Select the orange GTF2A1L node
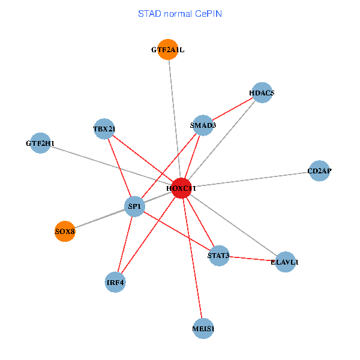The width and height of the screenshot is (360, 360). [x=168, y=50]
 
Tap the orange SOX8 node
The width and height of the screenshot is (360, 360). [x=65, y=231]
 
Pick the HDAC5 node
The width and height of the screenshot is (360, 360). [x=262, y=93]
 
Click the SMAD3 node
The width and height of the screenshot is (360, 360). [x=203, y=125]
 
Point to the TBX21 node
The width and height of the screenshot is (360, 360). [x=104, y=128]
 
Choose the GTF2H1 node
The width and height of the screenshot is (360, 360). [x=40, y=143]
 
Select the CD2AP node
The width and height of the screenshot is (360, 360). [x=319, y=171]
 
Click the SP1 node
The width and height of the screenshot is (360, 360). [x=134, y=207]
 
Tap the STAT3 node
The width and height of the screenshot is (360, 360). [x=219, y=256]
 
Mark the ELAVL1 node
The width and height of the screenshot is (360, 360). [x=285, y=262]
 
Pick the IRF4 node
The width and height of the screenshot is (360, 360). [x=115, y=282]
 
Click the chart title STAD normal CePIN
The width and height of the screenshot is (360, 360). [x=180, y=13]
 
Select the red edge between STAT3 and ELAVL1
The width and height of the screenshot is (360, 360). [x=252, y=259]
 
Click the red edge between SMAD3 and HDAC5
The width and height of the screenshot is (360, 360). [x=233, y=109]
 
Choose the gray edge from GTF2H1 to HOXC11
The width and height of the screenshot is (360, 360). [x=111, y=166]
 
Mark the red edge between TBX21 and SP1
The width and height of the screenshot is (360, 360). [x=119, y=168]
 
